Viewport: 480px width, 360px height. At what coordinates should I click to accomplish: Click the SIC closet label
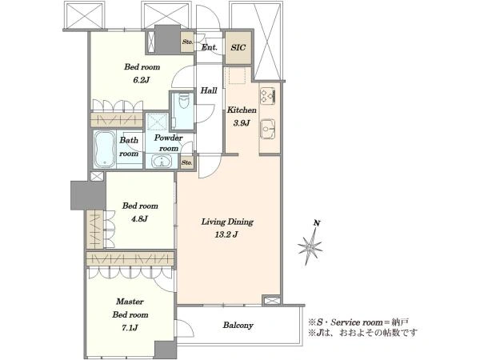tap(238, 47)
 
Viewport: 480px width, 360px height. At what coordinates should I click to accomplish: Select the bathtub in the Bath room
tap(105, 150)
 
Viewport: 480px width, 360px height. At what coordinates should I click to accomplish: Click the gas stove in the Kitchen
tap(267, 95)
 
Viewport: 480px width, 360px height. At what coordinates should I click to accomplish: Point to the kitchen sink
tap(268, 129)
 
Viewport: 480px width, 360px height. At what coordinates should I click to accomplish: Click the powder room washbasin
tap(162, 162)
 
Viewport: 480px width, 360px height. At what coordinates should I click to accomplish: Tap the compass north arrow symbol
tap(310, 243)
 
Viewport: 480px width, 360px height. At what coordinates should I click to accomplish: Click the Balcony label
tap(238, 325)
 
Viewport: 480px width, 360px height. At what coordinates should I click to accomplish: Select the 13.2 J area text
tap(226, 234)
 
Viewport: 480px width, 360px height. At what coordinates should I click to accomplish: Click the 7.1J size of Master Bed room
tap(130, 328)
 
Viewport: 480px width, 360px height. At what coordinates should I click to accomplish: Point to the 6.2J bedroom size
tap(141, 80)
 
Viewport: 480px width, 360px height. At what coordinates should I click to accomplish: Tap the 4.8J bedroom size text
tap(139, 219)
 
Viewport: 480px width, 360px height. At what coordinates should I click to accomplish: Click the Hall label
tap(209, 90)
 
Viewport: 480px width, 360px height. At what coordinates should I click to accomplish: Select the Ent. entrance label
tap(210, 47)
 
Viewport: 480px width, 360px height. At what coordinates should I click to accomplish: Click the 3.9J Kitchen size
tap(242, 123)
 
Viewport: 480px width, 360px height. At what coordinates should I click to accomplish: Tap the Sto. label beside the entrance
tap(187, 42)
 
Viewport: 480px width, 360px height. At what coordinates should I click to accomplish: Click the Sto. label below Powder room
tap(186, 162)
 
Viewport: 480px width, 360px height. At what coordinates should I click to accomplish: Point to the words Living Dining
tap(227, 222)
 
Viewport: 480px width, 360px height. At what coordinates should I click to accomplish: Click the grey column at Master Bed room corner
tap(166, 350)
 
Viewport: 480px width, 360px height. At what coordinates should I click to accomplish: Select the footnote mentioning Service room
tap(358, 322)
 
